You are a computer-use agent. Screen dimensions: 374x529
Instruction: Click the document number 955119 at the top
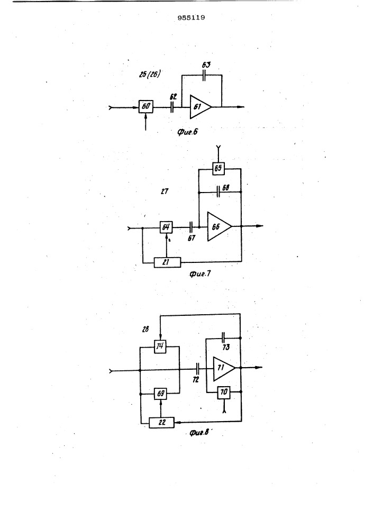(x=191, y=17)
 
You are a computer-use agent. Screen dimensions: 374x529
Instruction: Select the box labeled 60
(x=146, y=107)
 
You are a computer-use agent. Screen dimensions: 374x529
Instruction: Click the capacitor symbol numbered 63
(x=204, y=76)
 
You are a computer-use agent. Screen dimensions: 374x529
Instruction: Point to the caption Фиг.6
(x=187, y=132)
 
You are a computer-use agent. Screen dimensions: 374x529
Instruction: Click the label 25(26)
(x=150, y=74)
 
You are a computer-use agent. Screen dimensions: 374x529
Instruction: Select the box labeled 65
(x=218, y=168)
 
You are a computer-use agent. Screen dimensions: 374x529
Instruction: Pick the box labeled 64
(x=166, y=227)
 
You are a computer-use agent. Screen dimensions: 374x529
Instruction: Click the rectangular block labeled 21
(x=167, y=262)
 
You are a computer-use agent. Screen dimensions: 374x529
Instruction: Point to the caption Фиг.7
(x=200, y=273)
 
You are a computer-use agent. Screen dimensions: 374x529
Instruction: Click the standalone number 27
(x=165, y=191)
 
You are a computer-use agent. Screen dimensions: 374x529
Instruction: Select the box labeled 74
(x=160, y=346)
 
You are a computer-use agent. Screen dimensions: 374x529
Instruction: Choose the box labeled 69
(x=161, y=394)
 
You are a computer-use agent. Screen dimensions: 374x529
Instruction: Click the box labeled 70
(x=224, y=392)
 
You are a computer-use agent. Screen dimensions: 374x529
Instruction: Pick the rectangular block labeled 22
(x=162, y=422)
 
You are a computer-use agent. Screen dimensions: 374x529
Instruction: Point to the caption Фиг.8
(x=199, y=432)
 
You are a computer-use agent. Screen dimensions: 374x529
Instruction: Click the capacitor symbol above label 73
(x=223, y=337)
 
